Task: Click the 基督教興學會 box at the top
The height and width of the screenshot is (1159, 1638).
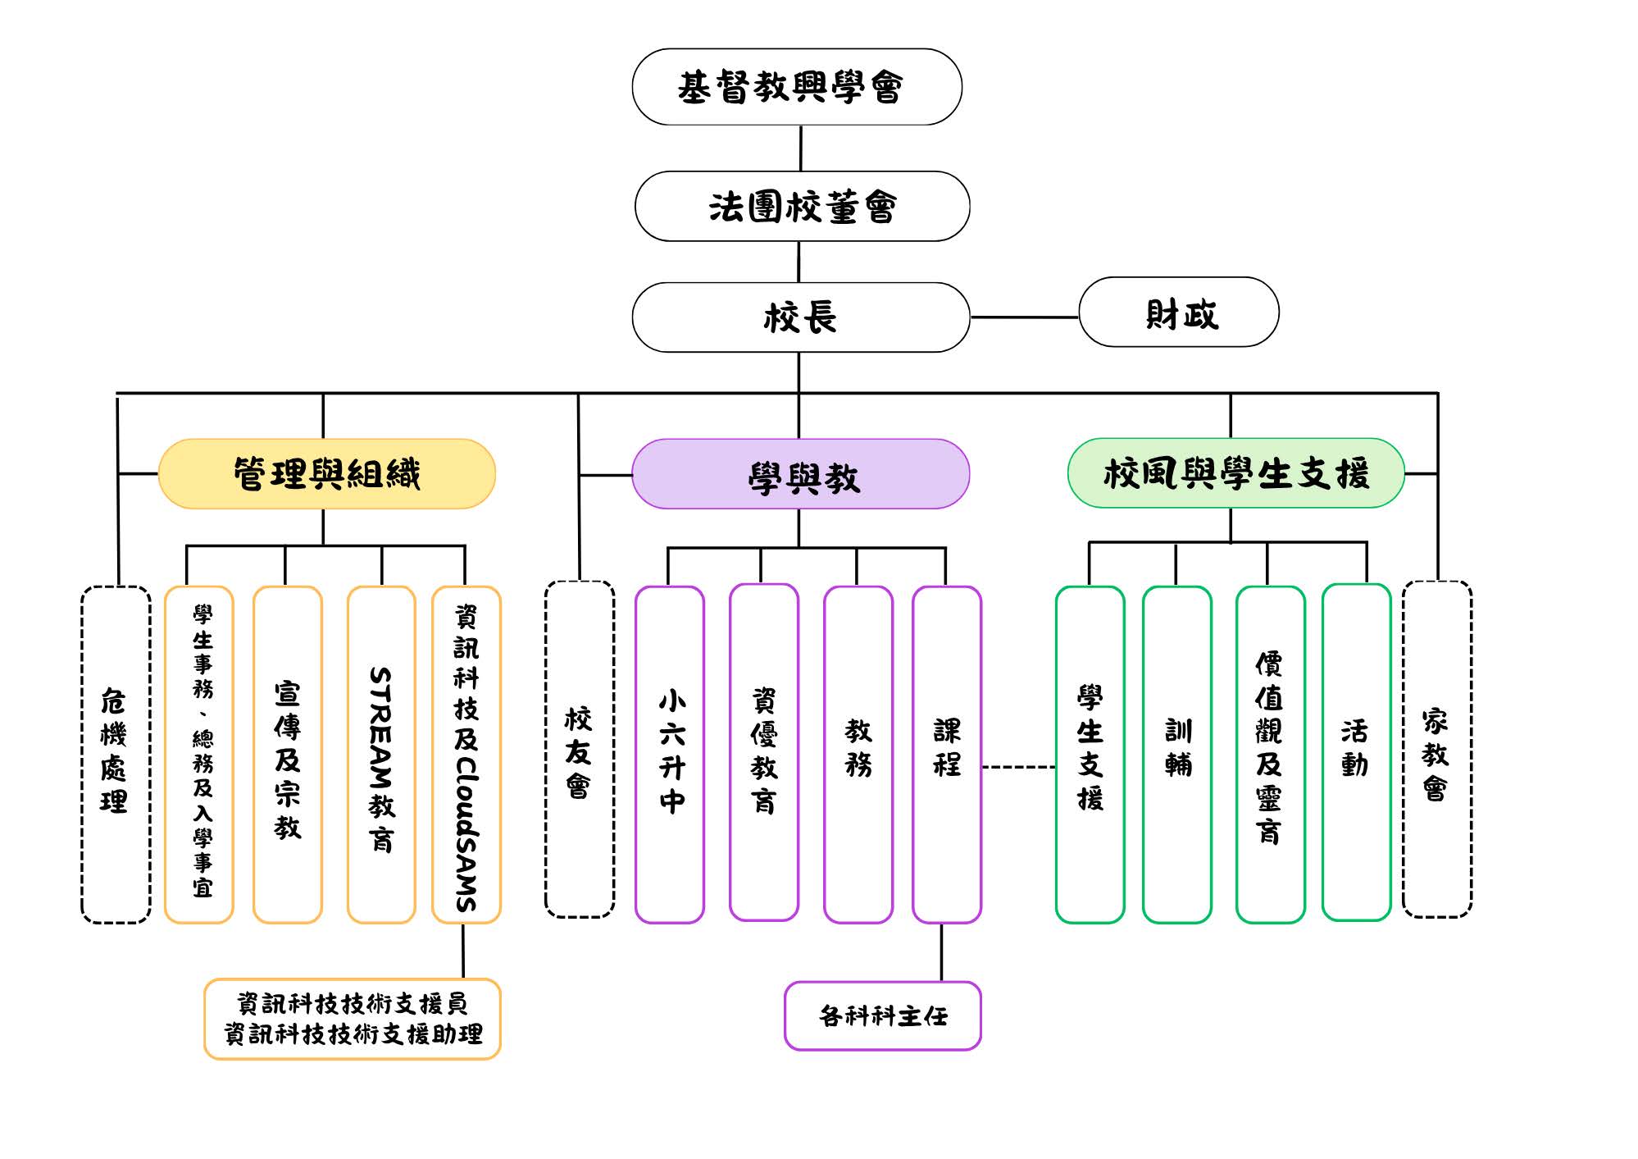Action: pyautogui.click(x=797, y=87)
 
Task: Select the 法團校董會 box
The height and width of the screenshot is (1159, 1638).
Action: pyautogui.click(x=802, y=206)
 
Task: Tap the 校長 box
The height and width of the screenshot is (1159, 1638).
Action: pyautogui.click(x=801, y=317)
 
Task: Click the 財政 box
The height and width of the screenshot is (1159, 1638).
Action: pyautogui.click(x=1179, y=313)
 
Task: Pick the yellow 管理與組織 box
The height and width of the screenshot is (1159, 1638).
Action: pyautogui.click(x=326, y=474)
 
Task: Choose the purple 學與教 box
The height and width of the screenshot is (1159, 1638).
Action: pyautogui.click(x=801, y=474)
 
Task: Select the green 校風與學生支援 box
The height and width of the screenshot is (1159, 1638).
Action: pyautogui.click(x=1236, y=473)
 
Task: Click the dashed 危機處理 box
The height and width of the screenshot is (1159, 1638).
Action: pyautogui.click(x=116, y=755)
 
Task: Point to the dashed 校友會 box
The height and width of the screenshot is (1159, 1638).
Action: pyautogui.click(x=580, y=749)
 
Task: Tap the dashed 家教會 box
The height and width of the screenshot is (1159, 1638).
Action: pyautogui.click(x=1437, y=749)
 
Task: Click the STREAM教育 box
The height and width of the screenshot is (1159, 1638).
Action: pyautogui.click(x=381, y=755)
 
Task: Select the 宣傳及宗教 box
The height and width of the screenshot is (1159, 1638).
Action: pyautogui.click(x=288, y=755)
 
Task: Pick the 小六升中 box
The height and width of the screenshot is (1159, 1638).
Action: pyautogui.click(x=670, y=755)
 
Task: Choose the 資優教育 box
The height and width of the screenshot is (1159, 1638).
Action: pyautogui.click(x=764, y=752)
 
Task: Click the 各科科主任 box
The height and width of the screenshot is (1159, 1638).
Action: pyautogui.click(x=883, y=1015)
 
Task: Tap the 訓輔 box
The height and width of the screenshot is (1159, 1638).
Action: pyautogui.click(x=1177, y=755)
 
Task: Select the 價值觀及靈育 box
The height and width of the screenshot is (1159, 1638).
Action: pyautogui.click(x=1271, y=755)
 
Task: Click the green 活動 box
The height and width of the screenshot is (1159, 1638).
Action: pyautogui.click(x=1357, y=752)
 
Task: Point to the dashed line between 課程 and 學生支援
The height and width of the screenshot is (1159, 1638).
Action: pyautogui.click(x=1019, y=767)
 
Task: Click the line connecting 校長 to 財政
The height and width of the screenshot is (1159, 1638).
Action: pyautogui.click(x=1025, y=317)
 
